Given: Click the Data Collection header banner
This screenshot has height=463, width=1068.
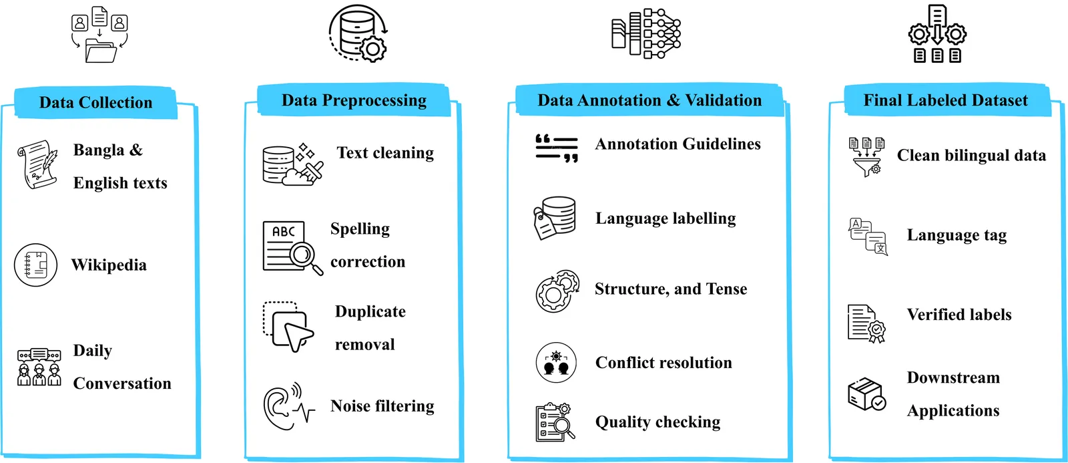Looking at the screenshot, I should [x=95, y=103].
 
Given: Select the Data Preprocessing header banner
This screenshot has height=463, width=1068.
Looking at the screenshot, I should [x=354, y=101].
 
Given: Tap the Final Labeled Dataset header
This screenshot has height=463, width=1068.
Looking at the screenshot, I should [x=945, y=101].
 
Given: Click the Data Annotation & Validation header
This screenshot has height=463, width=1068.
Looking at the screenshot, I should [x=649, y=101].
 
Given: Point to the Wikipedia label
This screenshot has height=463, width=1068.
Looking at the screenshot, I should [x=109, y=265].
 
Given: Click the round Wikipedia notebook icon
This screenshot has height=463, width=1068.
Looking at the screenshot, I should [x=36, y=265].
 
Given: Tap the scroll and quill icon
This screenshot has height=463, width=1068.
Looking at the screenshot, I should [x=37, y=164].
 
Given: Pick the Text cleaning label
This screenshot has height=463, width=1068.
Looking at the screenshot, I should [x=385, y=153].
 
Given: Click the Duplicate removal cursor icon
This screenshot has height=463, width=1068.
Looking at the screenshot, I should [x=288, y=327].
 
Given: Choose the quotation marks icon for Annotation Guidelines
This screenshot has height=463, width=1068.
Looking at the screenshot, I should [x=557, y=148].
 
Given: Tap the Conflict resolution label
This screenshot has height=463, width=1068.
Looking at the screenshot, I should [x=663, y=363].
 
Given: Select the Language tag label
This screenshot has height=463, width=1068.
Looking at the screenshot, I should [x=957, y=235].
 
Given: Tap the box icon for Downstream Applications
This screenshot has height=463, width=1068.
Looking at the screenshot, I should [x=866, y=394].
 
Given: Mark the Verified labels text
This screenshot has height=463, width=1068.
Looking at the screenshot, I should [x=959, y=315].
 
